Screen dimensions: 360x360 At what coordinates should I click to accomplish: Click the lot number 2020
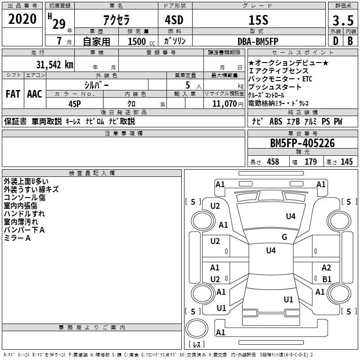pos(22,19)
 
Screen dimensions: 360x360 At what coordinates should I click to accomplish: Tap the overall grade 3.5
pos(343,20)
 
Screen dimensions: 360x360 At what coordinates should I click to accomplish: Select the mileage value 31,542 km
pos(54,64)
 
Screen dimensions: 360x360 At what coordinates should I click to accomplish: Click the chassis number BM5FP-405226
pos(302,143)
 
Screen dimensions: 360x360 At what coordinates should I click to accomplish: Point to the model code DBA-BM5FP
pos(258,41)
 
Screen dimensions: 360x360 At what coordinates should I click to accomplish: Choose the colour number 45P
pos(75,104)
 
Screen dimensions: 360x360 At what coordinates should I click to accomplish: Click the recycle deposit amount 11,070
pos(224,103)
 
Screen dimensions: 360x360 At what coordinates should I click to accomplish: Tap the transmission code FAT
pos(13,94)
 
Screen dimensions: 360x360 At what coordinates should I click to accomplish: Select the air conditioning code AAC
pos(35,94)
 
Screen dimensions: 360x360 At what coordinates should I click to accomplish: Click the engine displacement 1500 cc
pos(141,41)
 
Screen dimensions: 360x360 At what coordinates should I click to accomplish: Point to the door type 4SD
pos(174,20)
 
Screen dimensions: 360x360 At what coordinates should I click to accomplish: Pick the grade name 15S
pos(258,20)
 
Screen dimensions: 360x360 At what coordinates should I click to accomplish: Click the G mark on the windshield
pos(284,237)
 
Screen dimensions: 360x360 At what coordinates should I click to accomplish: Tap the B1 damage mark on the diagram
pos(327,279)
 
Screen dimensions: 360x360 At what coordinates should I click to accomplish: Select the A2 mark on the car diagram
pos(326,267)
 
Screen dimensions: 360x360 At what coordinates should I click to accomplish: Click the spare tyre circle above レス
pos(197,328)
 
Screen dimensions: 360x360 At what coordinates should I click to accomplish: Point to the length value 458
pos(273,162)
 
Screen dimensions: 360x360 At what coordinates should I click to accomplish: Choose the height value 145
pos(346,162)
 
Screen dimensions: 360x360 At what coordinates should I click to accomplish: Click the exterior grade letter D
pos(335,41)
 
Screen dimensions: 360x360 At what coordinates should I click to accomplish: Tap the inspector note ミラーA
pos(17,238)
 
